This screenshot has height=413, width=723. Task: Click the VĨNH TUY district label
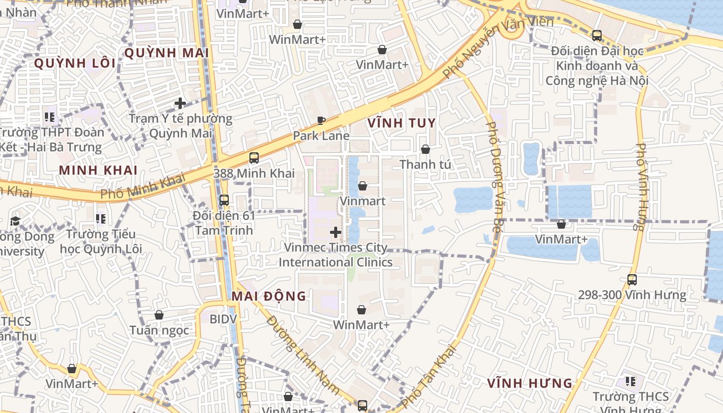point(402,123)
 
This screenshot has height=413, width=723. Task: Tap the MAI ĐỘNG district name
point(269,296)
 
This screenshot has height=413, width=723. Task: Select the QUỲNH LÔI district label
point(75,63)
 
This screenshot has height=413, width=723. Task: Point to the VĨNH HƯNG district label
point(530,383)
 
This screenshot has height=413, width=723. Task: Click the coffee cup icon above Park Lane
point(321,121)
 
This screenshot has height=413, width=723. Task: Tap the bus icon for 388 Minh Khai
point(254,158)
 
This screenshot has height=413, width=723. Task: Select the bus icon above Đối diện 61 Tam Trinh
point(224,200)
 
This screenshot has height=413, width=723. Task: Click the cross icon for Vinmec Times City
point(336,232)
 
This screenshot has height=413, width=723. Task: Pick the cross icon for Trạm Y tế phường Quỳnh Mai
point(180,103)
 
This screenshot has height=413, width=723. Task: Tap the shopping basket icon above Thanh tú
point(426,149)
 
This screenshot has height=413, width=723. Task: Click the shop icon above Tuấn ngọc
point(159,315)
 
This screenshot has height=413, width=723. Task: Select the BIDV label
point(223,319)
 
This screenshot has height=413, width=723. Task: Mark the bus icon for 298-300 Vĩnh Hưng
point(632,280)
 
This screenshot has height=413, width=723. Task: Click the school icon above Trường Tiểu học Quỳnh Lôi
point(101,219)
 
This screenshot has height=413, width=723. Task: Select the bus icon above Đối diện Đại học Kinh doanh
point(597,36)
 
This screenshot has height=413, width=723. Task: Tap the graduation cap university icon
point(15,221)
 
